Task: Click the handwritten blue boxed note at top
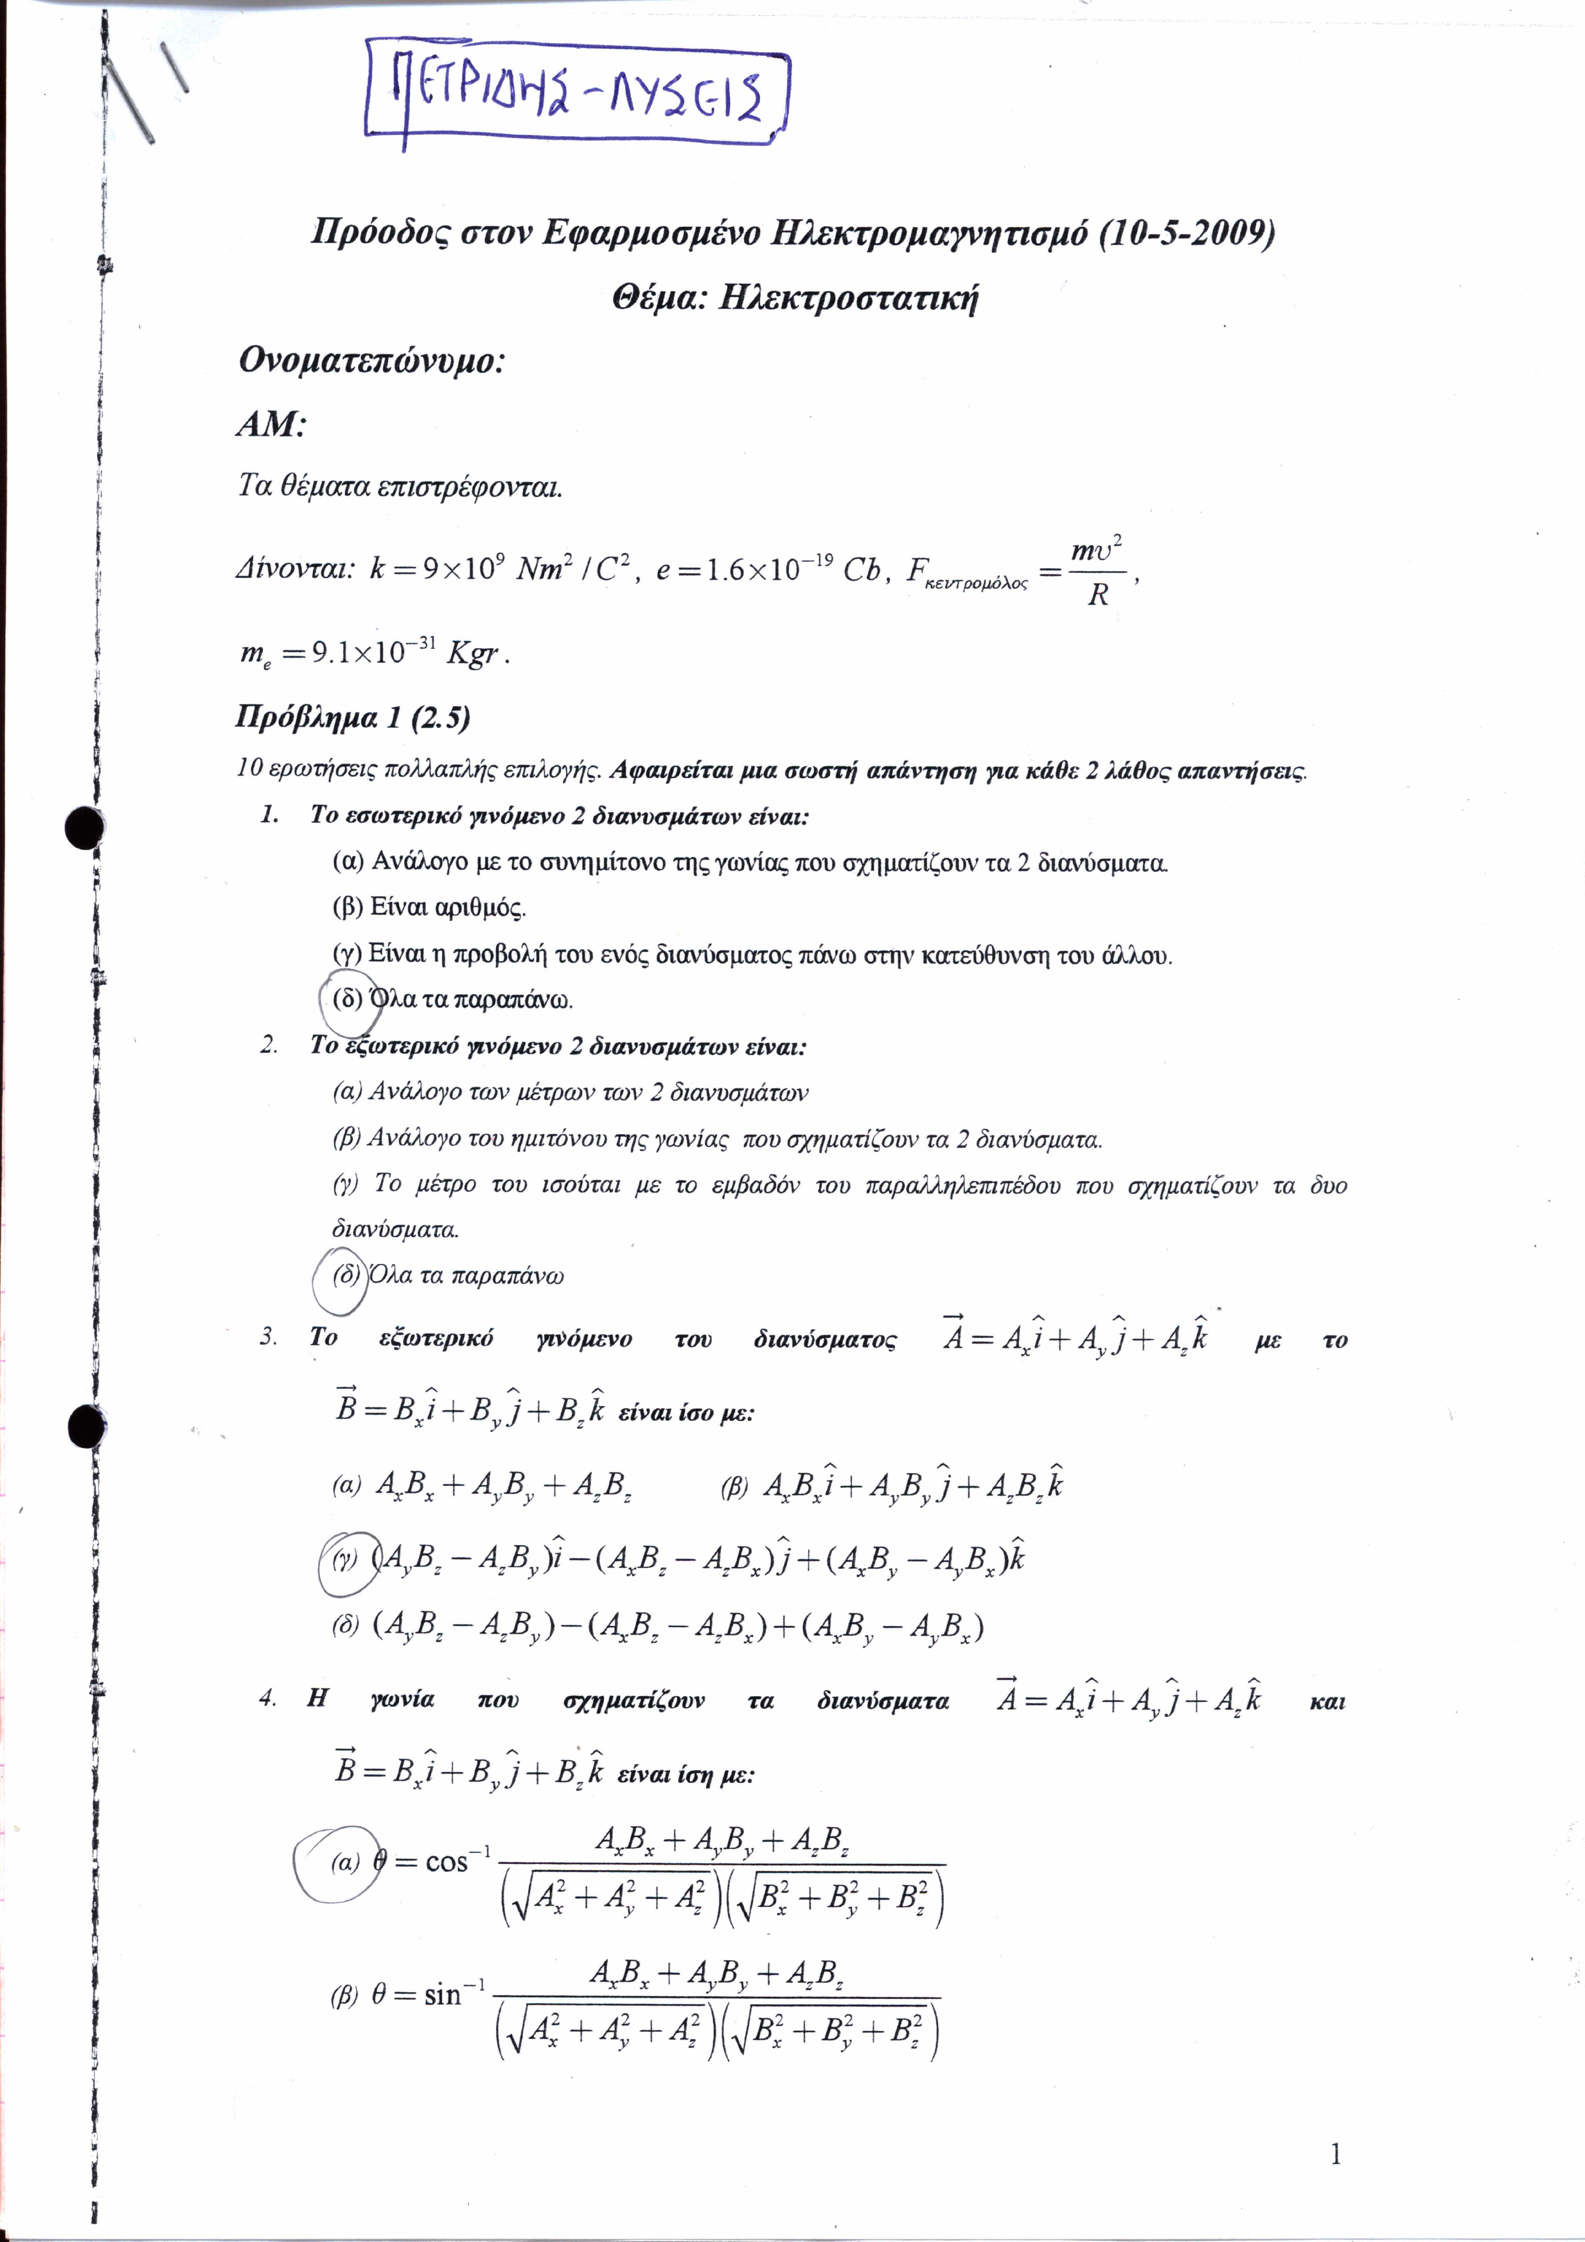tap(576, 93)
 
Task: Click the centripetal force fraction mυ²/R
tap(1098, 571)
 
